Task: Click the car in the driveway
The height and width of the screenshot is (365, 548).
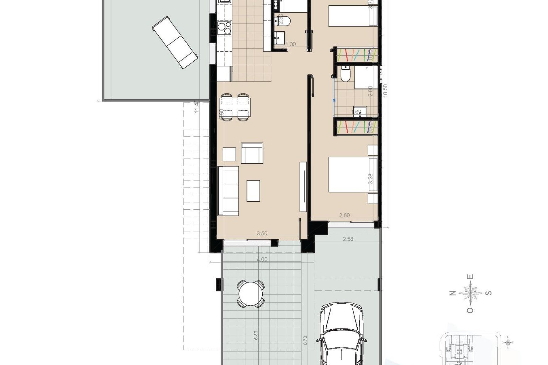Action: pos(341,336)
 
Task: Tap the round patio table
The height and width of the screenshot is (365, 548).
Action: pos(251,294)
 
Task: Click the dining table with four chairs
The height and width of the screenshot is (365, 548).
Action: pos(235,107)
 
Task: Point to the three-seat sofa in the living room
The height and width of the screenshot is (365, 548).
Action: pos(228,190)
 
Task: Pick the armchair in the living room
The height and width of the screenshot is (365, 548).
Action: pos(252,153)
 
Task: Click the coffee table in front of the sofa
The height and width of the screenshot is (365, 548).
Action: pos(253,190)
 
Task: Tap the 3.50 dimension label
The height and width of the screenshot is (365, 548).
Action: pos(262,233)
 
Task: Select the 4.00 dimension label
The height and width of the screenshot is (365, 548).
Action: pos(262,259)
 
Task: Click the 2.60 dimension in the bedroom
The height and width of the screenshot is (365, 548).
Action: pos(344,215)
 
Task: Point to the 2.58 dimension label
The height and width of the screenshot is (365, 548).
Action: pos(348,239)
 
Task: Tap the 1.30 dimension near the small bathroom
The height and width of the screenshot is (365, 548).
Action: pos(291,44)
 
